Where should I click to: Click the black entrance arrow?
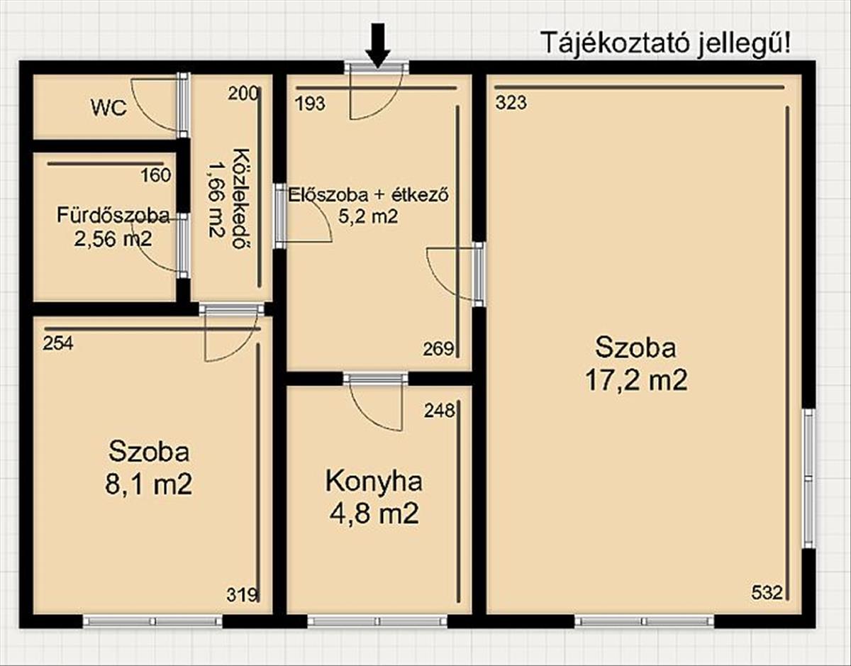point(378,46)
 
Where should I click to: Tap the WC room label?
point(109,108)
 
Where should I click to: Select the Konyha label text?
point(374,482)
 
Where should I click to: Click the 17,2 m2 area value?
point(636,381)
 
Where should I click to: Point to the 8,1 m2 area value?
point(148,484)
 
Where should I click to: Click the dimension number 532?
point(767,604)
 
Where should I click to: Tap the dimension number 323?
point(511,103)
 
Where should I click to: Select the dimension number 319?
point(242,606)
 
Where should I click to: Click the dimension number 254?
point(58,343)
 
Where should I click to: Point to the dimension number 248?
point(440,411)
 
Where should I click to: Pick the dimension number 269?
point(438,348)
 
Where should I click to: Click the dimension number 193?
point(310,104)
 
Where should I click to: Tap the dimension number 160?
point(156,175)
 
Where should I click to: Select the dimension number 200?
point(243,94)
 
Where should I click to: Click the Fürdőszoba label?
point(113,216)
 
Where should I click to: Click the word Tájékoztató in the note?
point(616,43)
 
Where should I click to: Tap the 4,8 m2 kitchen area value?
point(374,514)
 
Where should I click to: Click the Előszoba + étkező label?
point(368,194)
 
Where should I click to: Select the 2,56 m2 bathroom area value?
point(113,238)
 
